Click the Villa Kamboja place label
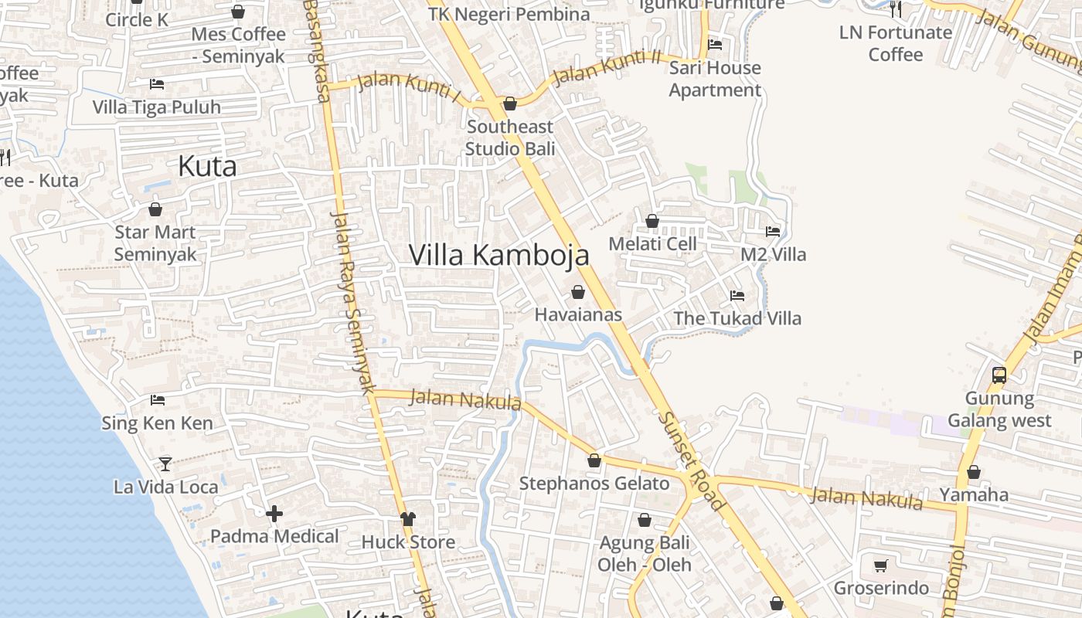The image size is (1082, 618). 498,255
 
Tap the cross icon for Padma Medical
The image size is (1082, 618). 274,514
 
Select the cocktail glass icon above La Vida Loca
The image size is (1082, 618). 165,464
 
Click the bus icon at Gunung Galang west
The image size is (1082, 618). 999,375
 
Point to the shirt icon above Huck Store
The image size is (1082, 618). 408,519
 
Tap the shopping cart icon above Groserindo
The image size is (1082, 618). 880,565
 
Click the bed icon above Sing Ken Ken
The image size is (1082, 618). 158,400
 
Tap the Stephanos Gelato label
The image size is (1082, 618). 594,484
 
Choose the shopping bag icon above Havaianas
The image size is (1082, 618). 578,292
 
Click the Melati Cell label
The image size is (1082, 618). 652,244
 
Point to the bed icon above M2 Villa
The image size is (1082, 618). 773,232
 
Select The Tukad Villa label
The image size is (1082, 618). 737,318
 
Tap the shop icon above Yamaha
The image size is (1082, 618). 974,472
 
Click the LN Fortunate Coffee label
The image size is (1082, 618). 896,43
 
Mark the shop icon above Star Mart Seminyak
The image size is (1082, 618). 155,209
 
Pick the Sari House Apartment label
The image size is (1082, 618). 715,79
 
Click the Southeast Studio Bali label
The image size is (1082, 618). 510,138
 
